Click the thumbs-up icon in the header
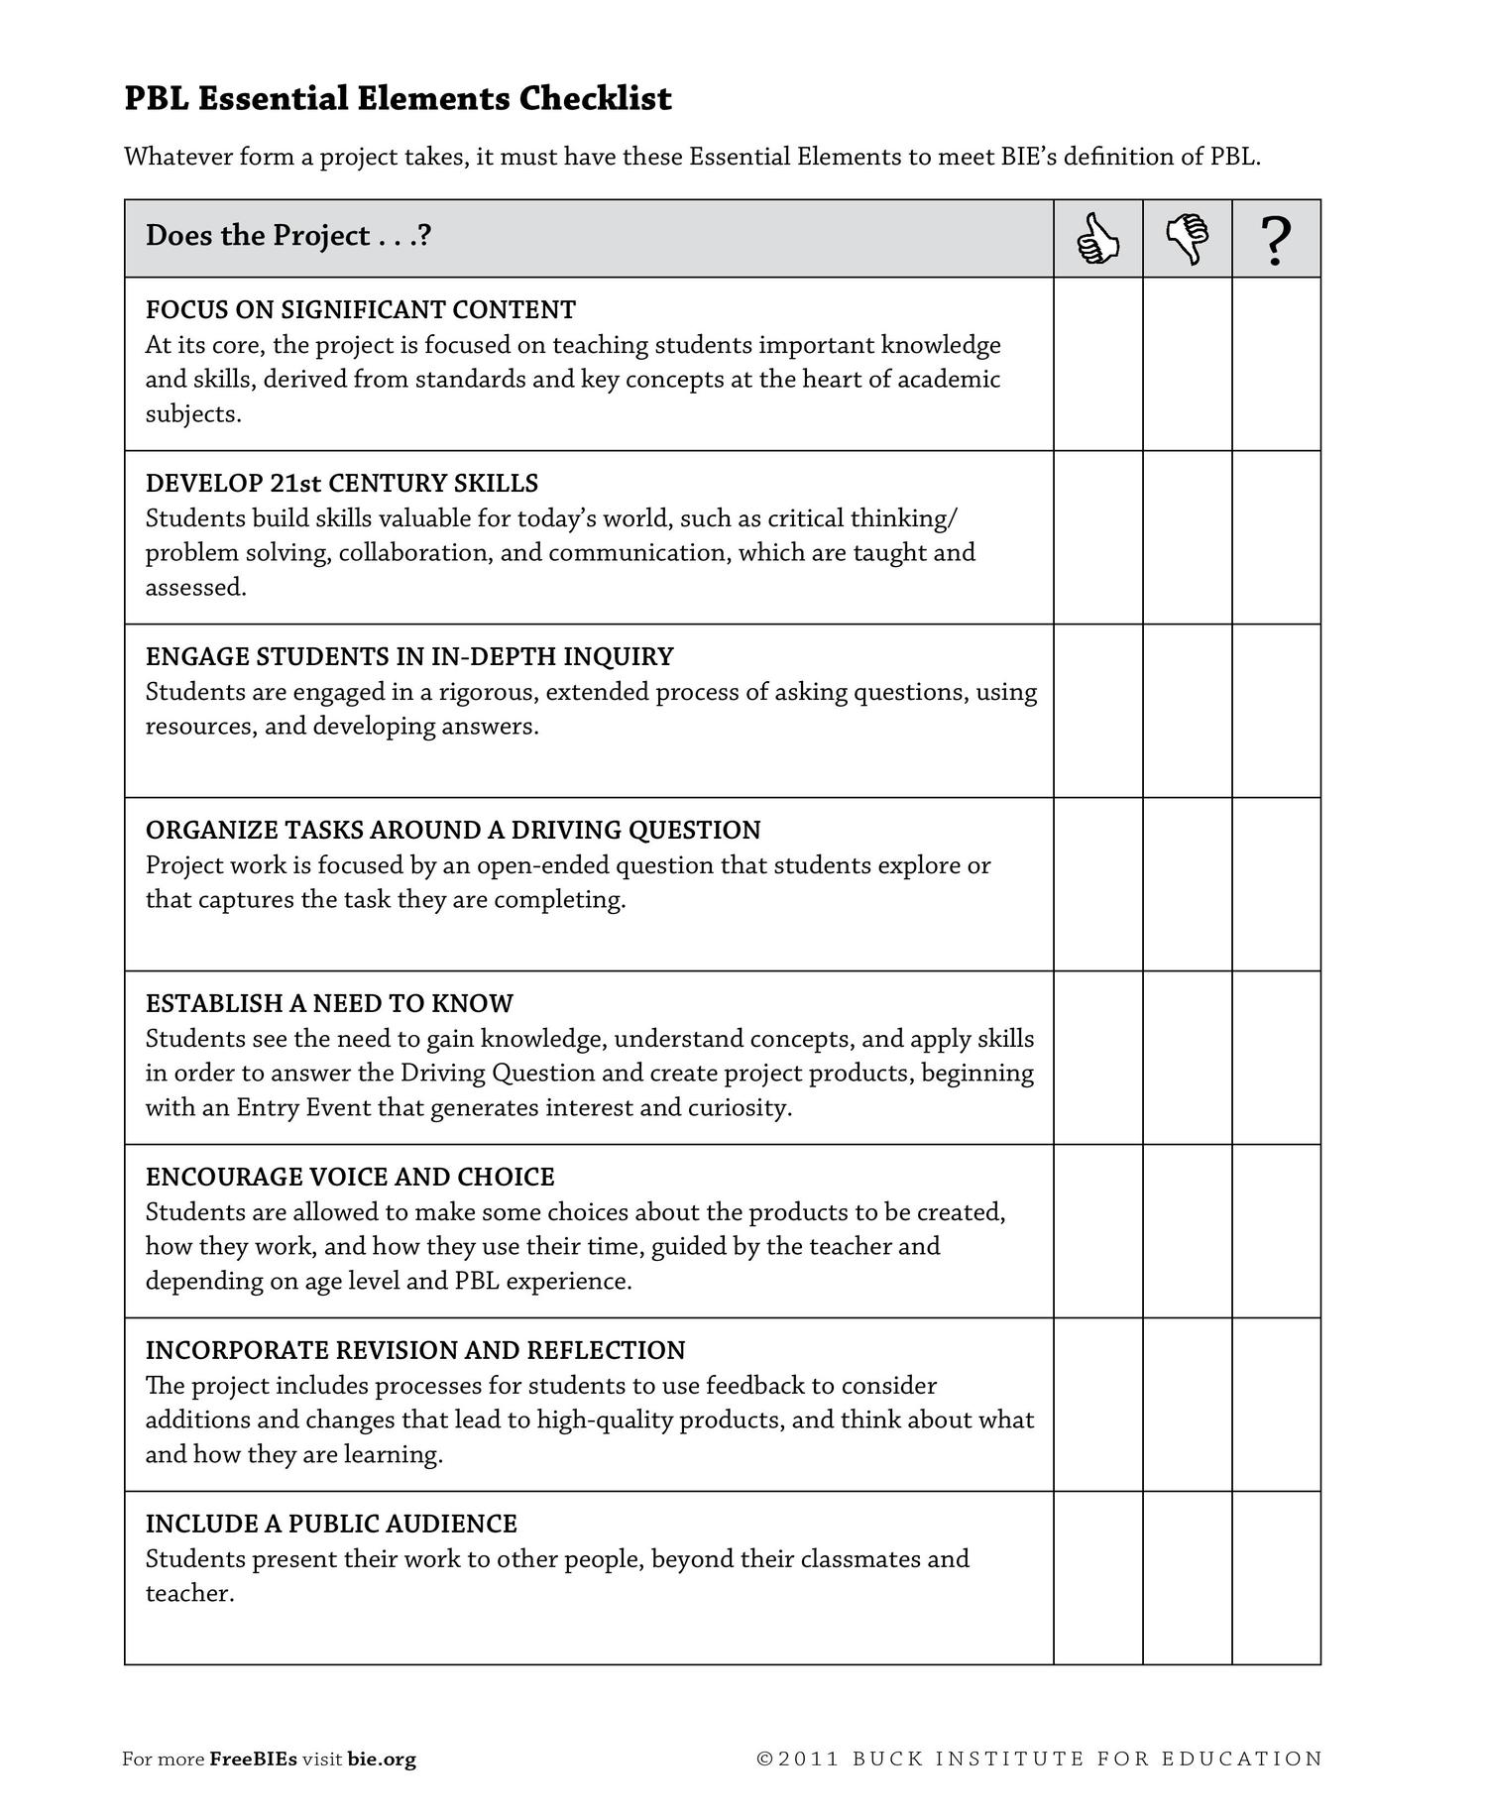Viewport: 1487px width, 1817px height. point(1097,239)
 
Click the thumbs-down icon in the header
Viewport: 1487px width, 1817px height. point(1187,239)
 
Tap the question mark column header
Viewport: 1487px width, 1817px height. point(1276,240)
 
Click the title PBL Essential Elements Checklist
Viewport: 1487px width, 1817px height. point(398,98)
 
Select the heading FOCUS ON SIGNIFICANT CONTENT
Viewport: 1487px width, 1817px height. point(360,310)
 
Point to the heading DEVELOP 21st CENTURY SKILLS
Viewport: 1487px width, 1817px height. point(342,484)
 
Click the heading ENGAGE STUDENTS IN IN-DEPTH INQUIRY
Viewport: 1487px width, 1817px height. point(409,657)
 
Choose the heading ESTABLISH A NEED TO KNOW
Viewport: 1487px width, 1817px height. point(329,1004)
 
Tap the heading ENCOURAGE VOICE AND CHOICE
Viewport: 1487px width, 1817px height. point(350,1178)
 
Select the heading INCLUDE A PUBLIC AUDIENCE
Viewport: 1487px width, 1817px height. point(331,1525)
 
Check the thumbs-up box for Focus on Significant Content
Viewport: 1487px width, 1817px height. point(1097,364)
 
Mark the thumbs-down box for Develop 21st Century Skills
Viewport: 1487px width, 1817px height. point(1187,537)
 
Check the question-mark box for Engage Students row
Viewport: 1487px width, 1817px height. point(1276,711)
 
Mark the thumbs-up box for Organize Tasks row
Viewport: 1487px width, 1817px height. point(1097,884)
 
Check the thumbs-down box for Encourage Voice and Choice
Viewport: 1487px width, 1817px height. point(1187,1231)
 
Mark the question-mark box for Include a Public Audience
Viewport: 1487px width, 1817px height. point(1276,1578)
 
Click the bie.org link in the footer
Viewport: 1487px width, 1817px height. point(382,1760)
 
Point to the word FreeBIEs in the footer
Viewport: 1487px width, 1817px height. point(253,1760)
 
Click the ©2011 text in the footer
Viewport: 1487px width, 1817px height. point(798,1760)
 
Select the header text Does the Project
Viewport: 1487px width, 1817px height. point(287,236)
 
